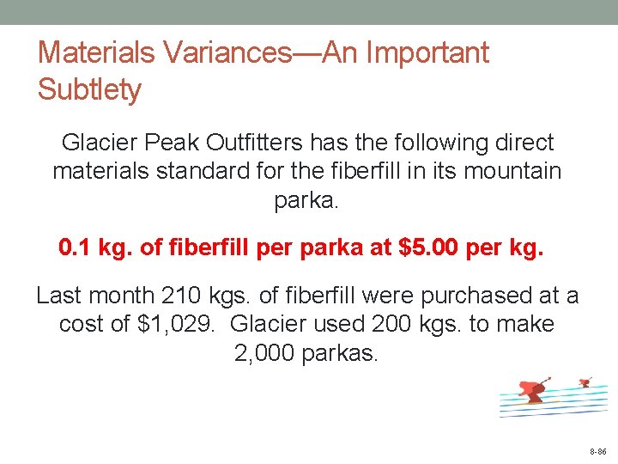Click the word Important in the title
tap(427, 53)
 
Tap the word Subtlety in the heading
tap(89, 89)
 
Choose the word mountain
tap(512, 171)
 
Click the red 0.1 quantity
tap(76, 248)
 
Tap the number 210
tap(184, 296)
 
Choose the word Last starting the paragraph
tap(60, 296)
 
